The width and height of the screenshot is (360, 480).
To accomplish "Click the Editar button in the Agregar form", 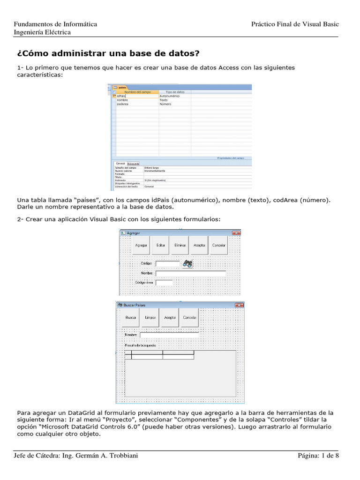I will point(160,246).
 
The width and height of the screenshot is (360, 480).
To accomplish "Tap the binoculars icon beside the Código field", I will point(187,263).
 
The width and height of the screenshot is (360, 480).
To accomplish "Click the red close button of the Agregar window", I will point(236,233).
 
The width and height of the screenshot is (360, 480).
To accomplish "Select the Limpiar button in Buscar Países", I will point(150,317).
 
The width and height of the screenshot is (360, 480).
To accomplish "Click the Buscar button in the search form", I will point(131,317).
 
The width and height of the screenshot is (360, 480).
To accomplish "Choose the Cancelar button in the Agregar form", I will point(218,246).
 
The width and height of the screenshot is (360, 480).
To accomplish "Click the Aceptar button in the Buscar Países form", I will point(170,317).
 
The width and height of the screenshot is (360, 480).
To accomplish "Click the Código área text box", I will point(164,283).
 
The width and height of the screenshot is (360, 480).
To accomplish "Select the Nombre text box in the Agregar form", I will point(190,273).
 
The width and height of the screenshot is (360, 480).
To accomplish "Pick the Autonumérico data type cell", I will point(170,96).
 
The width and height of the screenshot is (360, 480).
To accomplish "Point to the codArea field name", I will point(123,104).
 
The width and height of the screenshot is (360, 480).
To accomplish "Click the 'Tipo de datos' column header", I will point(175,92).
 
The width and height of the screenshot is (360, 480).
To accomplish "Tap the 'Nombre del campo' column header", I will point(136,92).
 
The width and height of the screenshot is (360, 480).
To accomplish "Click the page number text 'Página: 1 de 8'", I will point(318,456).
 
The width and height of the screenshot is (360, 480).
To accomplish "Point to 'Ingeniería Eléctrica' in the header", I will point(42,32).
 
